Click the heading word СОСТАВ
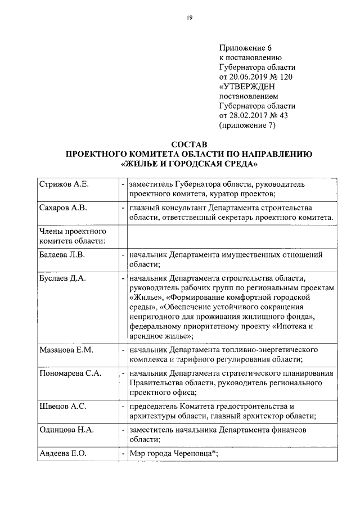tap(189, 144)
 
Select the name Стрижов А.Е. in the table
tap(64, 184)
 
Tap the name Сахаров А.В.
tap(62, 208)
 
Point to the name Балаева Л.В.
tap(62, 255)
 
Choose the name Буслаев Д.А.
tap(61, 278)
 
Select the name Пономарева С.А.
tap(70, 373)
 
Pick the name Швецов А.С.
tap(61, 406)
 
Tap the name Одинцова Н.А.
tap(66, 430)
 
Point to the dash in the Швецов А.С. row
tap(123, 406)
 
